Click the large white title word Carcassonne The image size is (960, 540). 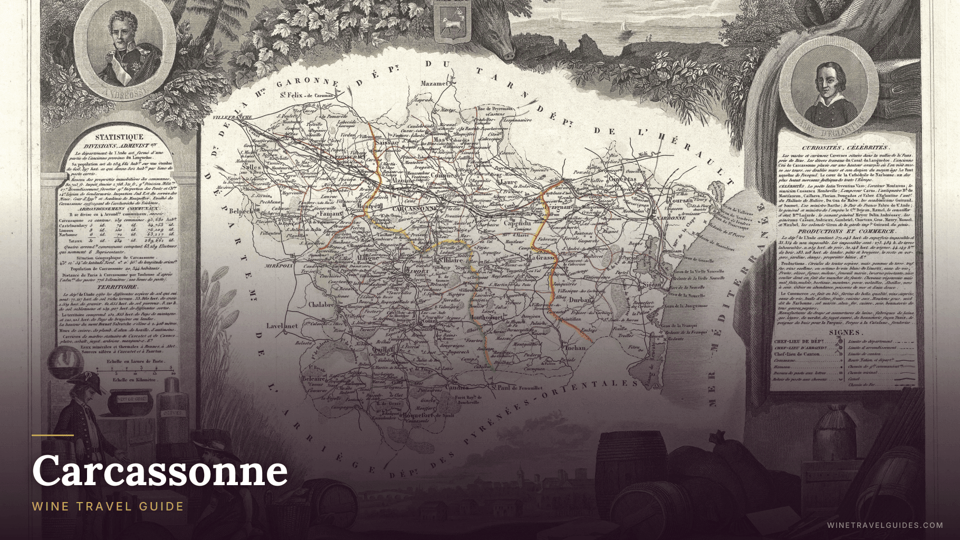coord(160,470)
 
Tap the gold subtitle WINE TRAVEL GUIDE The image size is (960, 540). coord(108,506)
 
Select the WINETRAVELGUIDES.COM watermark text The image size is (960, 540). coord(885,525)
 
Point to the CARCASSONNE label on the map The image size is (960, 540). coord(415,208)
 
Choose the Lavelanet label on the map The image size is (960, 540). coord(282,326)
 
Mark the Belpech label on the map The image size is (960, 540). coord(241,211)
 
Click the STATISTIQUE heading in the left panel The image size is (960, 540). coord(119,137)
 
